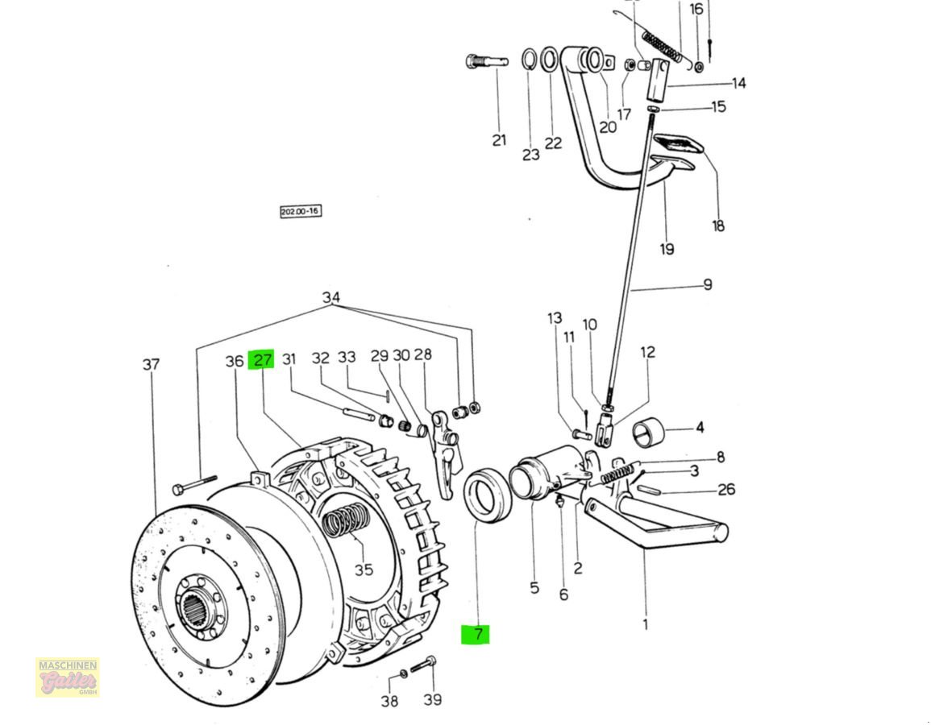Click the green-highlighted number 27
(262, 360)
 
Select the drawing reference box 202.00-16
(301, 212)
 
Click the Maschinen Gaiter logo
(68, 677)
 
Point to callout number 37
(152, 365)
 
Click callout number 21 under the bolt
(500, 140)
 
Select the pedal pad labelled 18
(677, 145)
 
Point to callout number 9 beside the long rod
(707, 284)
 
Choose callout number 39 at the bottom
(433, 699)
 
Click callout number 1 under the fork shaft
(646, 623)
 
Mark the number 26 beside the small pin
(726, 489)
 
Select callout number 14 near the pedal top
(738, 83)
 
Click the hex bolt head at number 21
(473, 61)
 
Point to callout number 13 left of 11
(555, 319)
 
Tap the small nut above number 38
(403, 673)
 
